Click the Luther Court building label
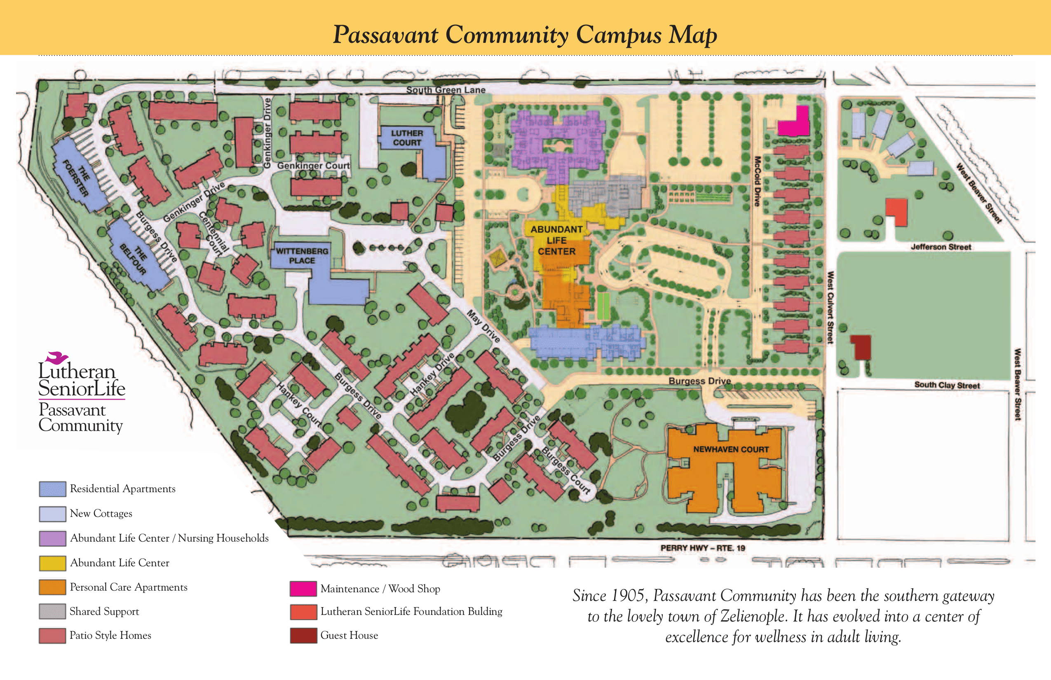[x=407, y=138]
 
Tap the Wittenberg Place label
[x=302, y=255]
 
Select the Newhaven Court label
[x=731, y=449]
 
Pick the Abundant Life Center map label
[x=556, y=240]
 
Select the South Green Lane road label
[x=446, y=90]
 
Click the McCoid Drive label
[x=757, y=181]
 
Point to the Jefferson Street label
[x=941, y=247]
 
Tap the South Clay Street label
[x=947, y=385]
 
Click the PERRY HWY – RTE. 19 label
[x=703, y=548]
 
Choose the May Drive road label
[x=483, y=326]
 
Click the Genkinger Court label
[x=313, y=166]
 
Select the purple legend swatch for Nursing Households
[x=53, y=538]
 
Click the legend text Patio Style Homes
[x=110, y=635]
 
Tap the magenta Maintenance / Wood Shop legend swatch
[x=303, y=588]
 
